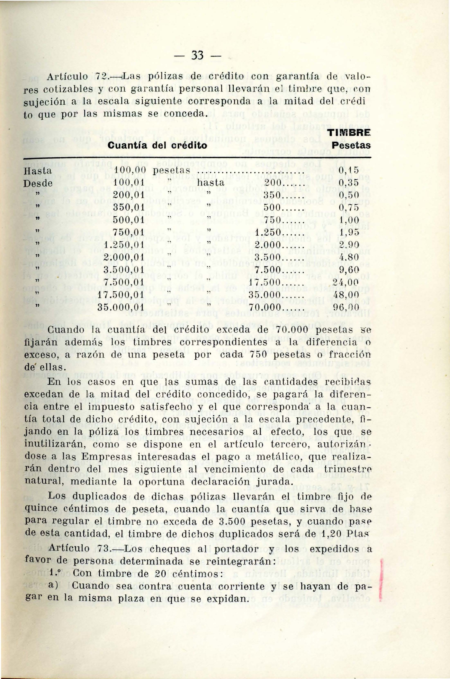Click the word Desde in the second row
click(38, 183)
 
